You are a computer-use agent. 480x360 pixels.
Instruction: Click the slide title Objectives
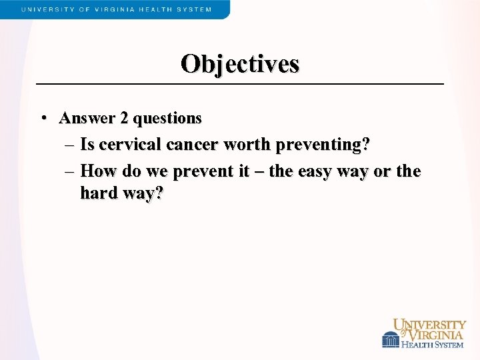(x=240, y=64)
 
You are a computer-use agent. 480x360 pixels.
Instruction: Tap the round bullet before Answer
(x=43, y=119)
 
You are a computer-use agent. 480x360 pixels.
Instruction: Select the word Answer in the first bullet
(x=87, y=118)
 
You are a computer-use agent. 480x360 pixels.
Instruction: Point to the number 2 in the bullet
(x=125, y=118)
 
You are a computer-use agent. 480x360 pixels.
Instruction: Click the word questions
(x=167, y=119)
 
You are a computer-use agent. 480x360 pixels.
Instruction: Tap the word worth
(x=249, y=144)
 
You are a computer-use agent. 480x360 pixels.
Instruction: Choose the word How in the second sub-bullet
(x=97, y=171)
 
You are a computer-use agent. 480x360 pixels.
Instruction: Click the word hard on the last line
(x=99, y=193)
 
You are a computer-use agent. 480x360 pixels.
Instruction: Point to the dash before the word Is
(x=70, y=145)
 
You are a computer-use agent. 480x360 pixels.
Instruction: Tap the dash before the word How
(x=70, y=171)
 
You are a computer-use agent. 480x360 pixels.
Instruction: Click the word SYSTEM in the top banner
(x=195, y=9)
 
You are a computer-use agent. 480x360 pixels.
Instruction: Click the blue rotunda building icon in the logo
(x=391, y=340)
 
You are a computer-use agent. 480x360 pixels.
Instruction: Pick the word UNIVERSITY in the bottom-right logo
(x=430, y=325)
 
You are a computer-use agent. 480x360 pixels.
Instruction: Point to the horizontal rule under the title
(x=240, y=84)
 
